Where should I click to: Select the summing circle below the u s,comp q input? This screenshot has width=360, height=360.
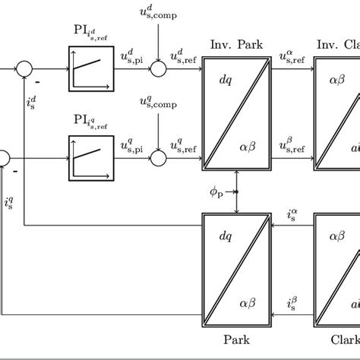[x=158, y=157]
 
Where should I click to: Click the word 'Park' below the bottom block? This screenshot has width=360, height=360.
[x=236, y=339]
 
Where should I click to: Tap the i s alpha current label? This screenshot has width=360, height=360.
[x=292, y=216]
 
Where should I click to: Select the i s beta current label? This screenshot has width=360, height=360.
[x=292, y=304]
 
